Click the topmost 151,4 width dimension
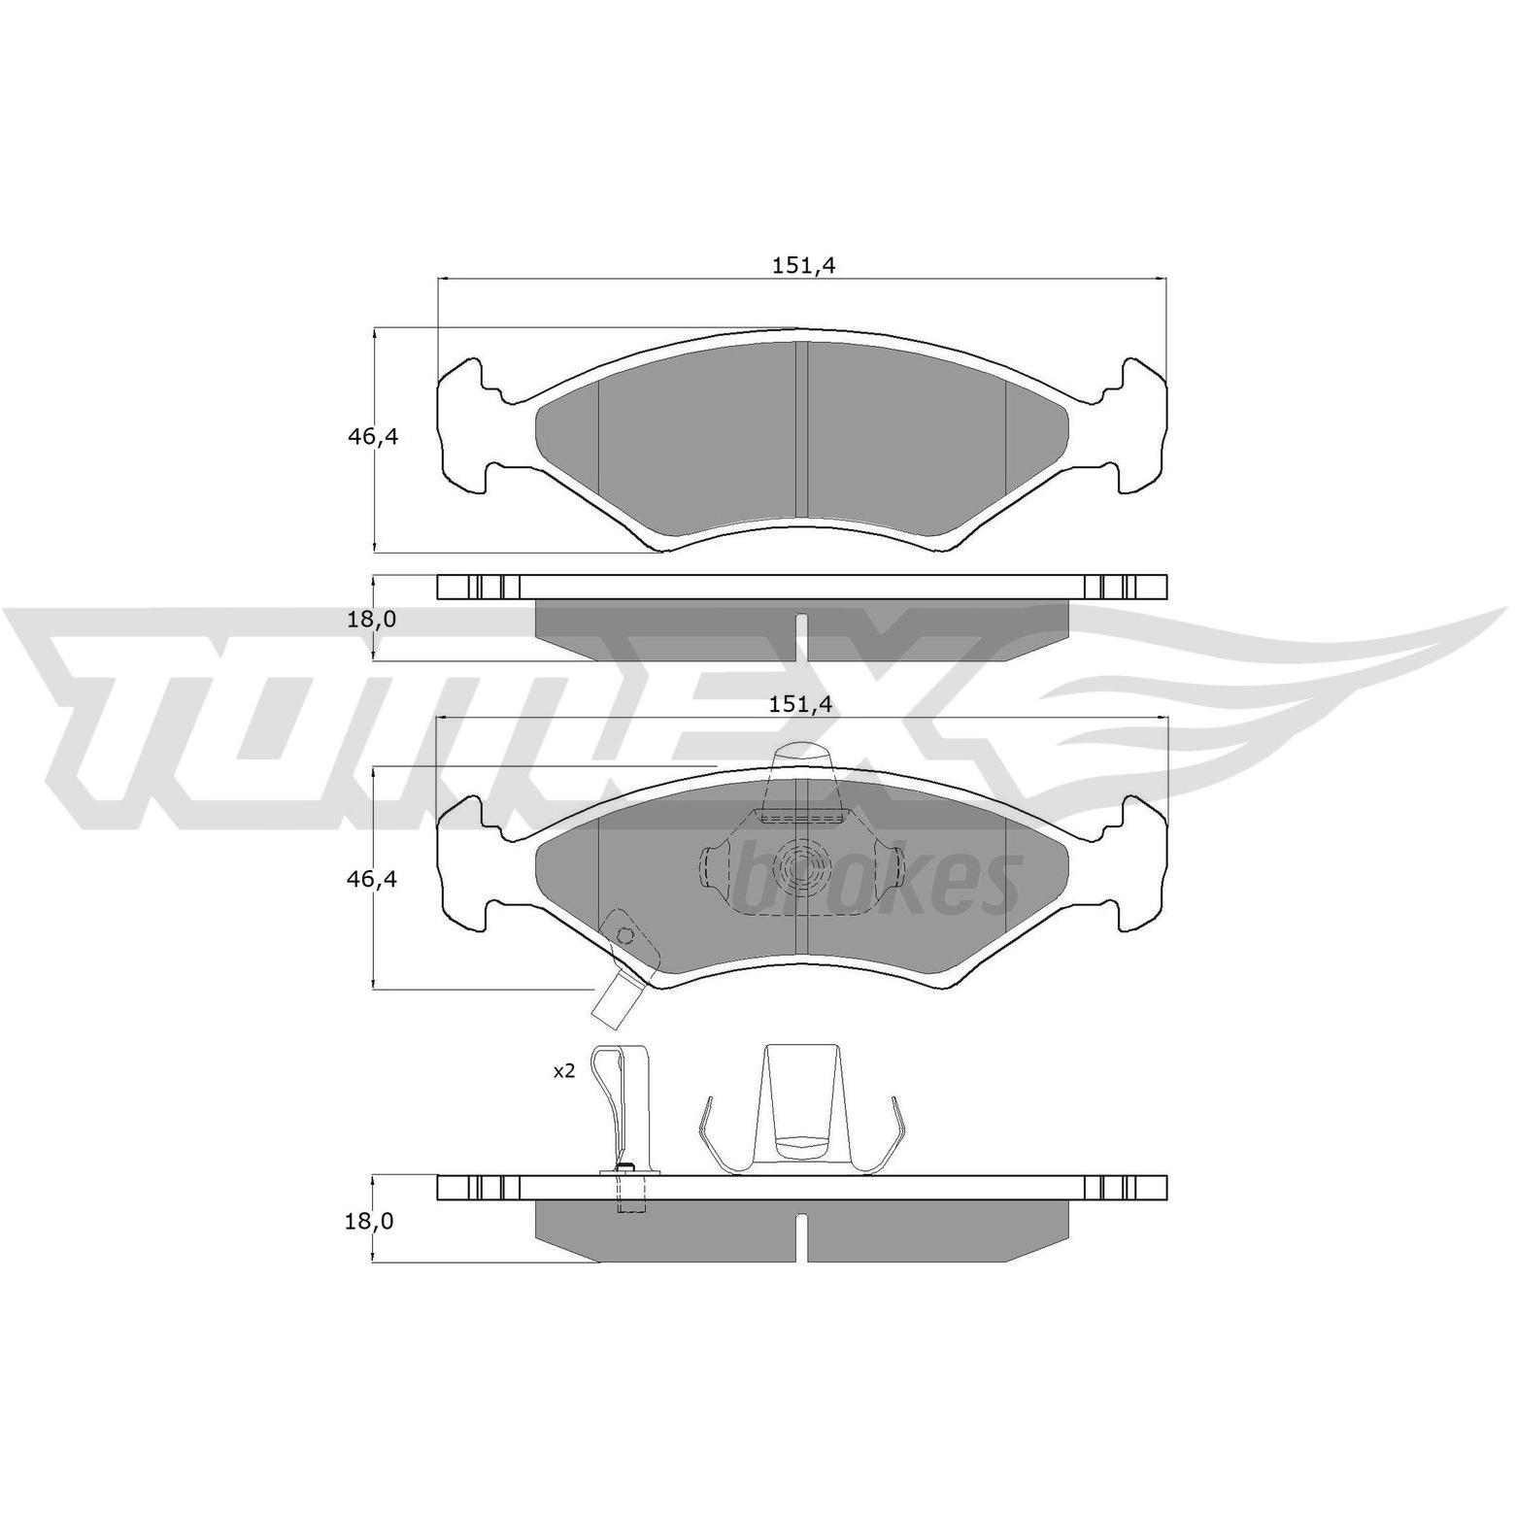(803, 265)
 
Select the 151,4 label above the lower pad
(802, 704)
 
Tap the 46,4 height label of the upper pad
(374, 437)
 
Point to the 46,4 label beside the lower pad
(374, 879)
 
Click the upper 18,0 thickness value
(373, 619)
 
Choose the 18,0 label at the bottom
(369, 1221)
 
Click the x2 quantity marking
(564, 1071)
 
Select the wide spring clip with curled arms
(800, 1108)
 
